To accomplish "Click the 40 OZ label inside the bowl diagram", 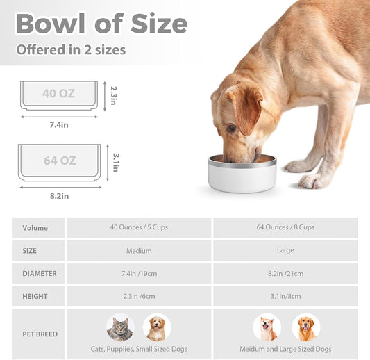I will [59, 94].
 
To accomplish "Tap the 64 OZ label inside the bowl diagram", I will [60, 161].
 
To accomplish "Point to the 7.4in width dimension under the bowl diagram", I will [59, 124].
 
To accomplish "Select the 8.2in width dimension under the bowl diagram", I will [60, 196].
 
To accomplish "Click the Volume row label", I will [35, 228].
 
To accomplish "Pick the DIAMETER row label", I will [40, 273].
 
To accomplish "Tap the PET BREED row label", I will [40, 334].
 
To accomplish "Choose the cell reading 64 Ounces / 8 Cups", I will [285, 228].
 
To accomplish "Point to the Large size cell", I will [285, 250].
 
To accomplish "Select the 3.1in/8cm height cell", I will [285, 296].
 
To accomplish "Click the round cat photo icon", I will [119, 328].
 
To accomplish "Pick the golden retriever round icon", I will [305, 328].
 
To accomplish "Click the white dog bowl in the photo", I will [242, 174].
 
